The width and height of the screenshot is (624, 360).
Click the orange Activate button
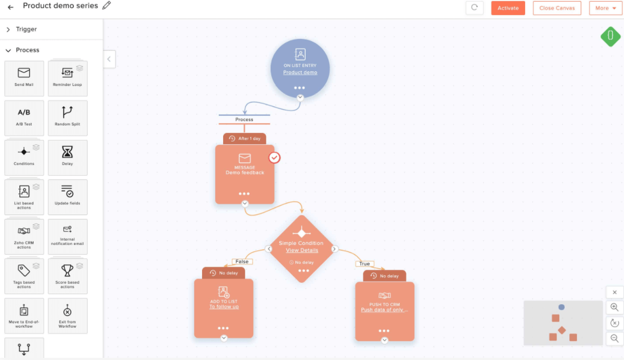[508, 8]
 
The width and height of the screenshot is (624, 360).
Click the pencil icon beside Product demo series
[106, 6]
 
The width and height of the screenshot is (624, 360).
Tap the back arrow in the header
[11, 7]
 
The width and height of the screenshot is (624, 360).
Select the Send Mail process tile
[24, 78]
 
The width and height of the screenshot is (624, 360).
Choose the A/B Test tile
[24, 118]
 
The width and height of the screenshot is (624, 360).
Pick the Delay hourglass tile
[68, 157]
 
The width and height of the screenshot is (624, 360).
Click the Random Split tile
[68, 118]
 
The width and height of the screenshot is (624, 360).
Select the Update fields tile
[68, 197]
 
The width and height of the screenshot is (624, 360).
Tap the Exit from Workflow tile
[68, 316]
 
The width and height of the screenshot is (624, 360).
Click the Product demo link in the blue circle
[300, 72]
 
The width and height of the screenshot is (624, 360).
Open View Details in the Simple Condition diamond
[302, 250]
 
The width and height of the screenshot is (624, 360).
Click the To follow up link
[224, 307]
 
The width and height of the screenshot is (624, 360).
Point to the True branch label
[365, 264]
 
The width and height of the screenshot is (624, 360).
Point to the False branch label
[242, 262]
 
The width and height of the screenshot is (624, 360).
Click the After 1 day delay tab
[245, 139]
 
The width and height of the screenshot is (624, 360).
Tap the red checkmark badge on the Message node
[274, 157]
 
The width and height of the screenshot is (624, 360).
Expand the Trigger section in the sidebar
[26, 29]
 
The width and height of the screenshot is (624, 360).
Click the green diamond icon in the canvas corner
[610, 36]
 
